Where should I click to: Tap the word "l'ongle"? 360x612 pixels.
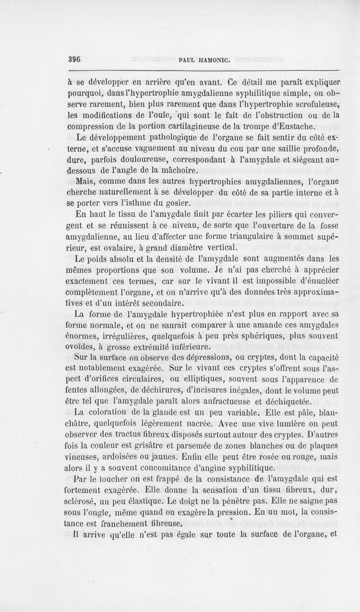(x=99, y=511)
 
